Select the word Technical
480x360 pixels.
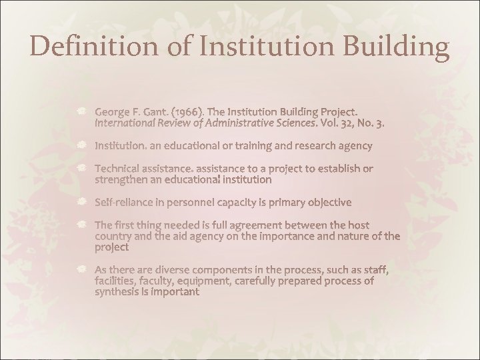118,167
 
